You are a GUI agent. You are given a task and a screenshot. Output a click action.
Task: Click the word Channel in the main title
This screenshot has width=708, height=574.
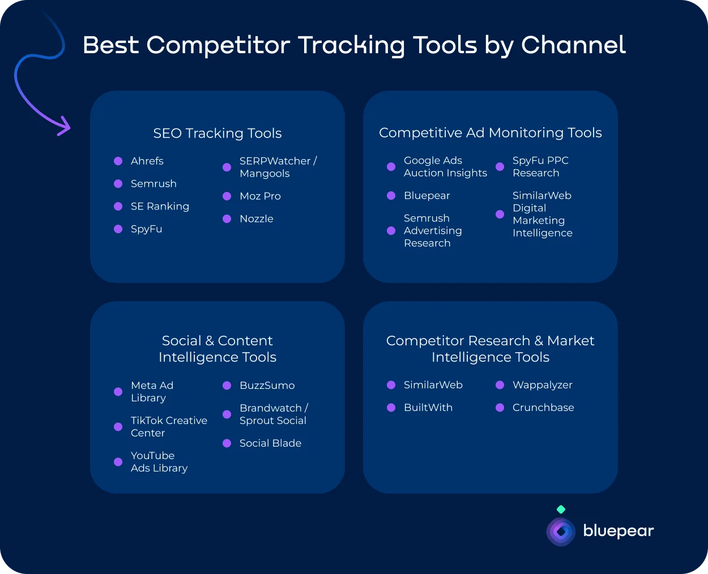coord(573,45)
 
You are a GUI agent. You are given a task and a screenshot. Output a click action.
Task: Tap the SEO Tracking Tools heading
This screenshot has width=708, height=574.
coord(217,134)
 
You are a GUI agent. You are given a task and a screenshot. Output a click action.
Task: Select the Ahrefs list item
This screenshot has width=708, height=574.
coord(147,161)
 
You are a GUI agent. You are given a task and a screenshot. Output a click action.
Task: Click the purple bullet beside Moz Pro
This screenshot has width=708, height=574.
coord(227,196)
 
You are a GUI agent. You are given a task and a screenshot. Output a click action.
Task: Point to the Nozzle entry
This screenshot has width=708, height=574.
coord(256,219)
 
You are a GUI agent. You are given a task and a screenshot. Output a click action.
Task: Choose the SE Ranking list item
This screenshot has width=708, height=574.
coord(160,207)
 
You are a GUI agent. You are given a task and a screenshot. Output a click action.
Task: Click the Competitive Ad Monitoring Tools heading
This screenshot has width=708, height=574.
coord(490,133)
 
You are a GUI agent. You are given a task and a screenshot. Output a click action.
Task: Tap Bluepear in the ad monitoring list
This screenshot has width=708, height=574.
coord(426,196)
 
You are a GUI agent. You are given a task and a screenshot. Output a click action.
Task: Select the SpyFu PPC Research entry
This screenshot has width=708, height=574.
coord(540,167)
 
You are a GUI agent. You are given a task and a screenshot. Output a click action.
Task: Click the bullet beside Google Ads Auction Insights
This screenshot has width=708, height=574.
coord(391,167)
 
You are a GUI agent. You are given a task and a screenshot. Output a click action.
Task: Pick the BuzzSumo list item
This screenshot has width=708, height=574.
coord(267,385)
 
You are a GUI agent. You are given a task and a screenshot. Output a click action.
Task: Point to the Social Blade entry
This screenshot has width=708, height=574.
coord(270,443)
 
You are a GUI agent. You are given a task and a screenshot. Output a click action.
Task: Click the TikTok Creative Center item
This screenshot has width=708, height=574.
coord(168,427)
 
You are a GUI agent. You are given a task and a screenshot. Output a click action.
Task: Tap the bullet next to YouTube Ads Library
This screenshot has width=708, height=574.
coord(118,462)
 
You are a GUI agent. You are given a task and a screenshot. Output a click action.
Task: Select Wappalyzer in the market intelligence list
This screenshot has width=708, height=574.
coord(542,385)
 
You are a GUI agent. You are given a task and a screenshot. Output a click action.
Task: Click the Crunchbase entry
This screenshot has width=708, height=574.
coord(543,408)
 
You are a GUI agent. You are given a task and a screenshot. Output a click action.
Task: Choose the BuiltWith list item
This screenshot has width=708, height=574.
coord(428,408)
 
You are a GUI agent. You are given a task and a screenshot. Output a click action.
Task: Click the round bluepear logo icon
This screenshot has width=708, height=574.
coord(561,532)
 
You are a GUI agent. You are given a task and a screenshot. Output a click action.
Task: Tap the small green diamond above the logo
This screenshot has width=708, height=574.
coord(561,509)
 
